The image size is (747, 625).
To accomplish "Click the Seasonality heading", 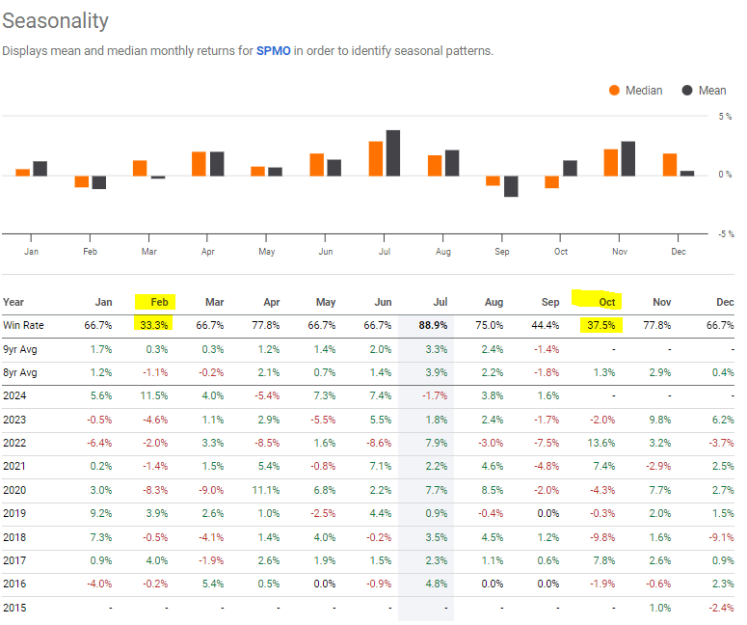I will [x=56, y=21].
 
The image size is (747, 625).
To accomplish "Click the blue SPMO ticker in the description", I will [x=274, y=50].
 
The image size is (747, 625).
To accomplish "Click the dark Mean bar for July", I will [x=392, y=152].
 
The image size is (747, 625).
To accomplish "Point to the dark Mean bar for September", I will [x=511, y=185].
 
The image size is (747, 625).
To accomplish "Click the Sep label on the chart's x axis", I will [x=501, y=252].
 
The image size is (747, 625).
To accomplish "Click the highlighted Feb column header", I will [x=154, y=302].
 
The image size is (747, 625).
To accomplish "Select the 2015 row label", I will [x=16, y=607].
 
